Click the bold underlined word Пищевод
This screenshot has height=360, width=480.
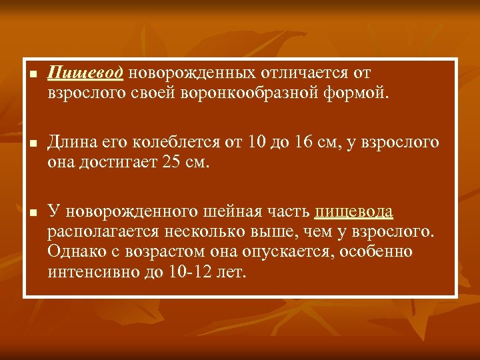[x=85, y=72]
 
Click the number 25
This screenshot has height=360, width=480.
[x=172, y=162]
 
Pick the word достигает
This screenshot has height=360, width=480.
[x=121, y=162]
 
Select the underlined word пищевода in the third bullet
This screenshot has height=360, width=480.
[x=353, y=213]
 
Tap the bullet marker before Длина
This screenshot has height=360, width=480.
[x=32, y=143]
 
